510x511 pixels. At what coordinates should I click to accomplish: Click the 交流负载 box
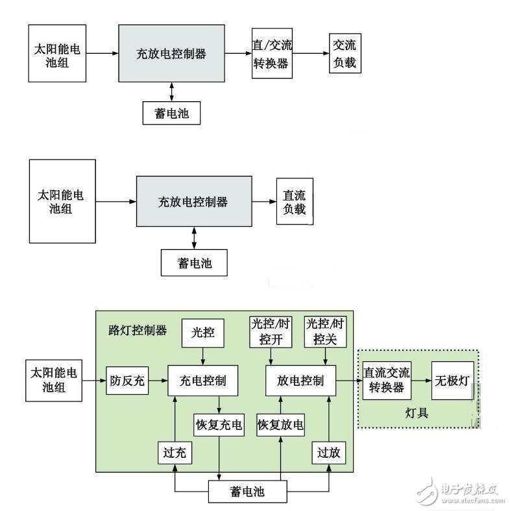click(x=344, y=54)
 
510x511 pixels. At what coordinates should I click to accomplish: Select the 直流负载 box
click(x=294, y=201)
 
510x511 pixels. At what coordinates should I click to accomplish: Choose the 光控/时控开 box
click(x=271, y=331)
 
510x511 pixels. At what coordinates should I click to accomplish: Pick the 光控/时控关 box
click(x=325, y=331)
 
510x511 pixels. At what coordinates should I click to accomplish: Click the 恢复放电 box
click(x=280, y=425)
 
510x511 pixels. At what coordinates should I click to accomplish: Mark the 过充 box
click(x=175, y=452)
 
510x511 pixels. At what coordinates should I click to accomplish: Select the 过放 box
click(x=328, y=452)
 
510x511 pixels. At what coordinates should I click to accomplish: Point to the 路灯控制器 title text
click(x=137, y=330)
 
